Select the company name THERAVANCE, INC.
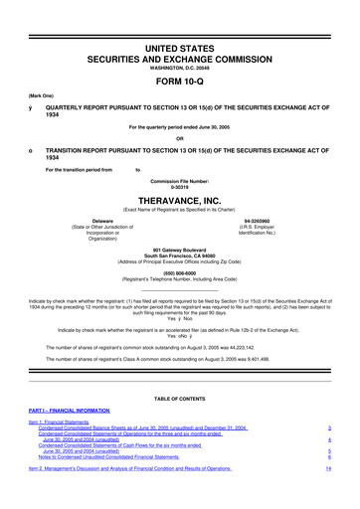[180, 198]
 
